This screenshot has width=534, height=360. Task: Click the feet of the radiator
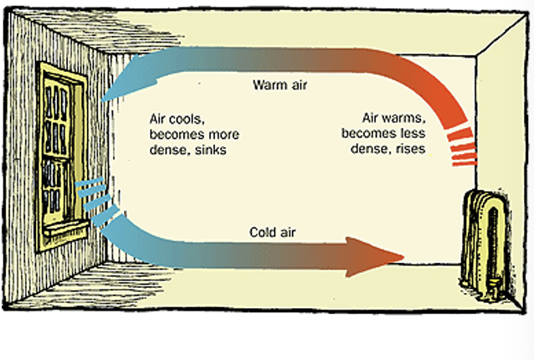[485, 293]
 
